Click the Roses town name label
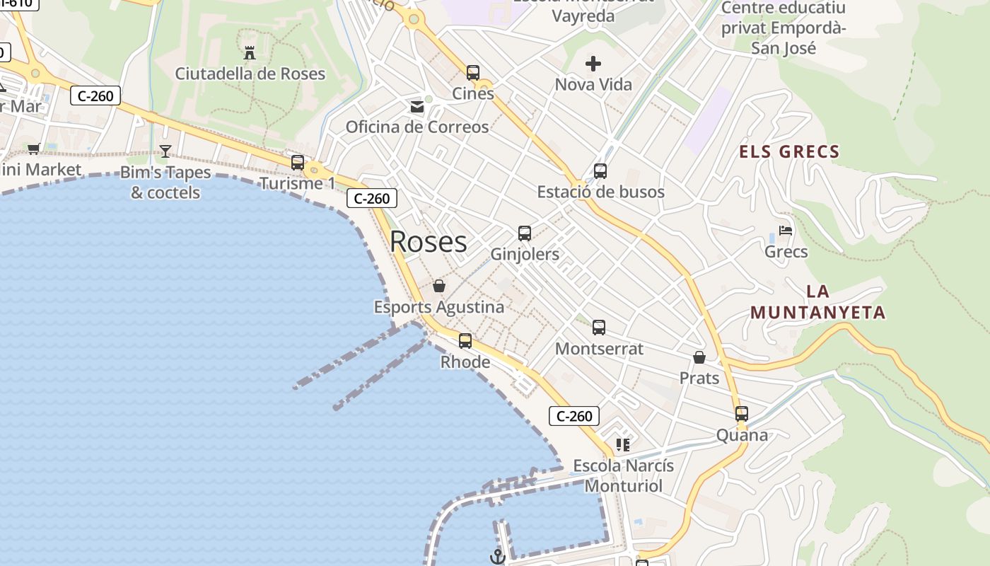(428, 242)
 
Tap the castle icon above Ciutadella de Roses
(249, 52)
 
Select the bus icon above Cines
(473, 72)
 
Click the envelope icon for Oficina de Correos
(417, 107)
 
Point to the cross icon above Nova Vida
(593, 64)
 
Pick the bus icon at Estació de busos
(600, 171)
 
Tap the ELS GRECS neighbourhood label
(789, 151)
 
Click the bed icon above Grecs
(785, 231)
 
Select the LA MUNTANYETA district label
(817, 302)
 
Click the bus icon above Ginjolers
(525, 233)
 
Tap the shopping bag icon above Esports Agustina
(439, 286)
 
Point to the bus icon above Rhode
(465, 341)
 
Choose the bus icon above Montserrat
(599, 328)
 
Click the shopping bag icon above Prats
(699, 357)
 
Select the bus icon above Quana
(742, 414)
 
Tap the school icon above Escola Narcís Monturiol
(623, 445)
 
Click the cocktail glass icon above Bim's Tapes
(165, 151)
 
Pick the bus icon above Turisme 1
(298, 163)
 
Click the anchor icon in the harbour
(498, 557)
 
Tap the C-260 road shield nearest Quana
(574, 416)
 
